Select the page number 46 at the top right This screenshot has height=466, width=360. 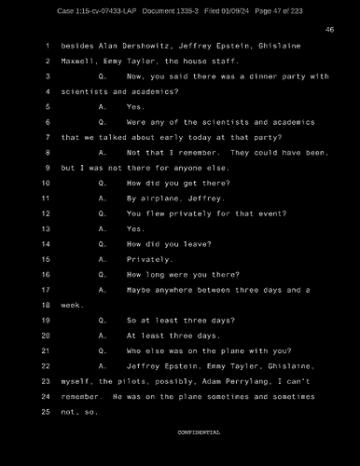tap(329, 30)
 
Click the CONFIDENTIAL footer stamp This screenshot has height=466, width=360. tap(199, 432)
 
